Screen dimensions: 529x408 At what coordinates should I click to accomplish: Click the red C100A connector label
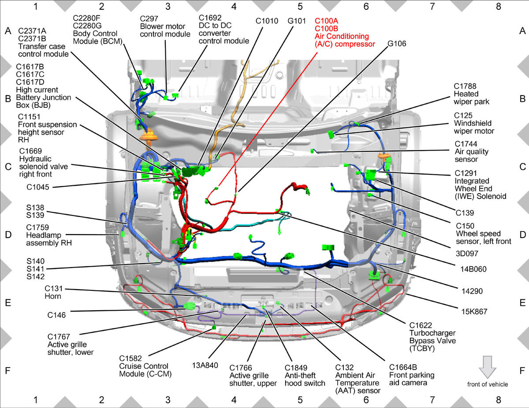(326, 21)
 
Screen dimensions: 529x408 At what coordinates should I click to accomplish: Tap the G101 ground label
(297, 21)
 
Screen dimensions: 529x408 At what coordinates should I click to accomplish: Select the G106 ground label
(397, 44)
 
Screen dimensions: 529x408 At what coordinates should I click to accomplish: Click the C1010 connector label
(267, 21)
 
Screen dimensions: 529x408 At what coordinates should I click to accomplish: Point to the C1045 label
(38, 187)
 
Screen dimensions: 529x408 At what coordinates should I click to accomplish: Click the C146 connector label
(56, 315)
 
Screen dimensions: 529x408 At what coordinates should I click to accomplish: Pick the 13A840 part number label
(205, 365)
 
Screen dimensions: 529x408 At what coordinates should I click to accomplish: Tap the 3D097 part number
(467, 254)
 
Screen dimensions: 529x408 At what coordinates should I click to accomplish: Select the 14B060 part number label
(473, 269)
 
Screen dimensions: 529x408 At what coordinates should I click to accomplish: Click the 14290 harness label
(472, 291)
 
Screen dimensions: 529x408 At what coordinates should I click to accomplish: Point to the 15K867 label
(474, 311)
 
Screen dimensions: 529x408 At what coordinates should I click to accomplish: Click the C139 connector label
(465, 213)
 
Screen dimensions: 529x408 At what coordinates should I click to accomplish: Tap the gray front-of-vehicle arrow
(488, 367)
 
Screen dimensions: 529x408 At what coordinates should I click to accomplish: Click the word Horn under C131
(53, 296)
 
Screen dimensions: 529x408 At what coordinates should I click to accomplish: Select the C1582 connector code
(130, 358)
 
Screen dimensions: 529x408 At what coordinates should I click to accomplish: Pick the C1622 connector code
(421, 325)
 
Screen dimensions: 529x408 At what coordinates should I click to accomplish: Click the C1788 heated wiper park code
(465, 86)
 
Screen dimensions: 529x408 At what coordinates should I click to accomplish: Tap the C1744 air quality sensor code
(466, 144)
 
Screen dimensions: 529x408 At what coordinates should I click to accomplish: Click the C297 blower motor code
(149, 18)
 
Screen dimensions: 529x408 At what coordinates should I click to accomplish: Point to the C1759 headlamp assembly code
(37, 227)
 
